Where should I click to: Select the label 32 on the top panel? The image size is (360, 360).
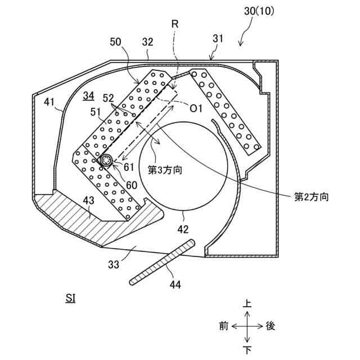point(148,42)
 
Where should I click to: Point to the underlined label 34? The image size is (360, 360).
point(88,95)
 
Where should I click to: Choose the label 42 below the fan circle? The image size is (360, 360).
point(184,229)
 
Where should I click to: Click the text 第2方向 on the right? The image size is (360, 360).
point(312,197)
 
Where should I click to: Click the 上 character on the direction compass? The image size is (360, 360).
point(246,303)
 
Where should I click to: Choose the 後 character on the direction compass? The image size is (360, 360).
point(270,326)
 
